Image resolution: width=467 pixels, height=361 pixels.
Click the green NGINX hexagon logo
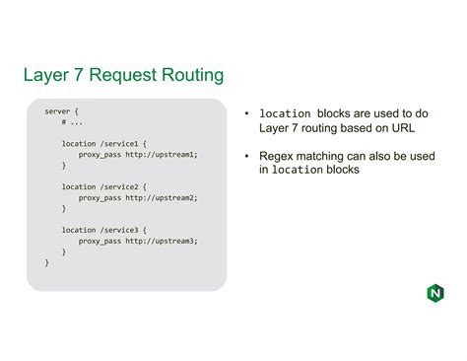tap(434, 293)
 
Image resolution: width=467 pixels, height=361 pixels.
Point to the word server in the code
tap(57, 111)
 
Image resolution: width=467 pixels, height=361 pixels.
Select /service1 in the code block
tap(118, 144)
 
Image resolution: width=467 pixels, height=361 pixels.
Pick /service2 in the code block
tap(118, 187)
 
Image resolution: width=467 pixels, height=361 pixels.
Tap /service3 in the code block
tap(118, 230)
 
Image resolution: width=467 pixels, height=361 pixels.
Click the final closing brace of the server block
tap(46, 262)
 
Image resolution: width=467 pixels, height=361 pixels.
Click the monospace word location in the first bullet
tap(285, 114)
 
